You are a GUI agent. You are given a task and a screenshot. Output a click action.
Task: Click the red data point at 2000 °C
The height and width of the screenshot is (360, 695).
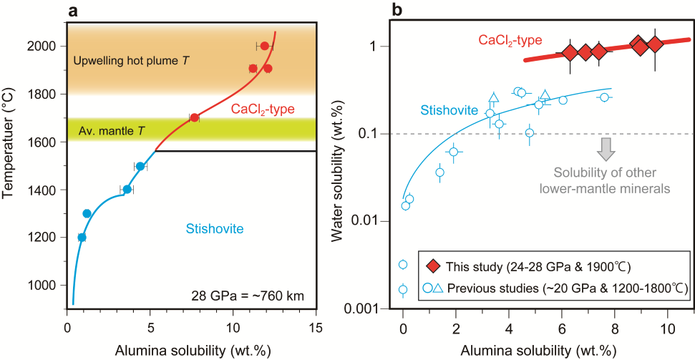[x=264, y=46]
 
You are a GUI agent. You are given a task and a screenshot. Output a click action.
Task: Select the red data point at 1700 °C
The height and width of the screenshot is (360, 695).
[x=194, y=117]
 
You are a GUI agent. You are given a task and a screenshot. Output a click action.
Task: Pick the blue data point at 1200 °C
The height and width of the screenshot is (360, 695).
[x=82, y=237]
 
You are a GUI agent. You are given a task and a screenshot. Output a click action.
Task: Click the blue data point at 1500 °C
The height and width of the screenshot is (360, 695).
[x=140, y=166]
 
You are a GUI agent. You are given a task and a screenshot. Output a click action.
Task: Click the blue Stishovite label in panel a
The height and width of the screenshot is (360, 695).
[x=215, y=229]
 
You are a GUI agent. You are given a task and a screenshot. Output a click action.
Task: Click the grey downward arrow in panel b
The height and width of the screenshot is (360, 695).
[x=607, y=148]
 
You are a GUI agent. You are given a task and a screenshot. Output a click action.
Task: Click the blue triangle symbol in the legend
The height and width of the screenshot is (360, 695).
[x=439, y=288]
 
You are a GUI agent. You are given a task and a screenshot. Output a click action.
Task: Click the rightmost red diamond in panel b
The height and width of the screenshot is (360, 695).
[x=655, y=45]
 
